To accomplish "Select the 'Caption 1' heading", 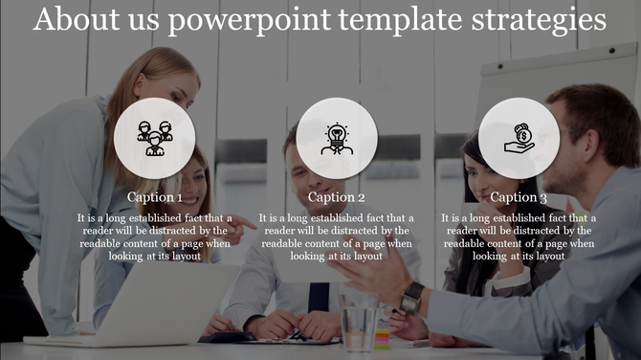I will [x=155, y=198].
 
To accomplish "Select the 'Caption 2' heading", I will [x=337, y=198].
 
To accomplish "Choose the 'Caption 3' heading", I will [x=519, y=198].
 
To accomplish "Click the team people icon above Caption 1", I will [x=155, y=139].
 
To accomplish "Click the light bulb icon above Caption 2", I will [x=337, y=139].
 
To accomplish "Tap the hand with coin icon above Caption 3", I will [x=519, y=139].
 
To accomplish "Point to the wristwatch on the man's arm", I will [x=412, y=297].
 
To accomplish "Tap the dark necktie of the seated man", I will [x=319, y=297].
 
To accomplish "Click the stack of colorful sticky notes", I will [x=383, y=335].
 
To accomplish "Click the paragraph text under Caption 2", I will [x=337, y=237].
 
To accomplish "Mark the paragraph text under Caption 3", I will [x=519, y=237].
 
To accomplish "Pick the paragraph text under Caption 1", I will [x=155, y=237].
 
